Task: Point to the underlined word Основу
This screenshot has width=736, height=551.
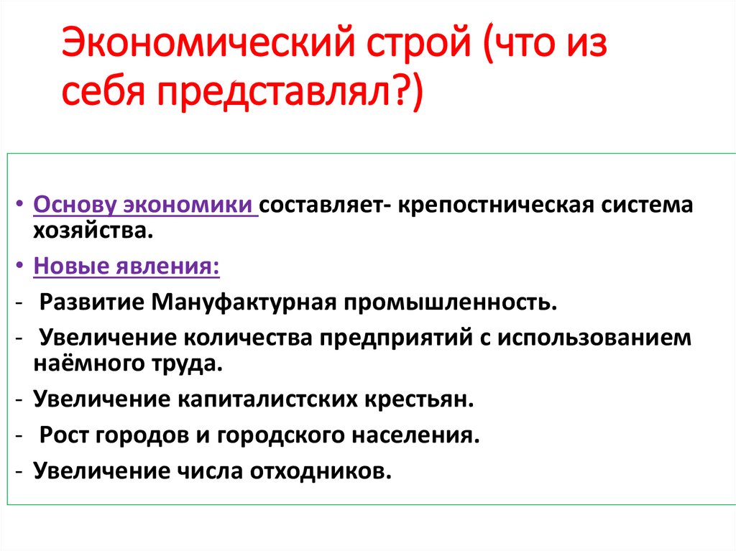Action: (74, 205)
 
